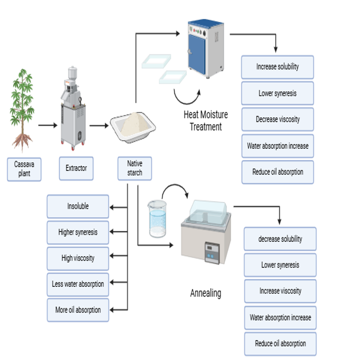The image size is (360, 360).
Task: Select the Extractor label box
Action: click(x=76, y=169)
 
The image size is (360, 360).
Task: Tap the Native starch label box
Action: click(x=134, y=168)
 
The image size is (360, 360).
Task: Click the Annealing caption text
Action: click(x=206, y=293)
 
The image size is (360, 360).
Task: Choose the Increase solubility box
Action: click(x=277, y=67)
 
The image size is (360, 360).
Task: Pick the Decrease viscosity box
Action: click(x=277, y=119)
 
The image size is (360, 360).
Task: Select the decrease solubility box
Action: click(x=280, y=239)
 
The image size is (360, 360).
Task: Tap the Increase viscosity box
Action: click(x=280, y=291)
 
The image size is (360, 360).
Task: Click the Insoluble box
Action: click(x=78, y=206)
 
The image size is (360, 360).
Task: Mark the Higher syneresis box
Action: click(x=78, y=232)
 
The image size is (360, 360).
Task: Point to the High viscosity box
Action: click(x=78, y=258)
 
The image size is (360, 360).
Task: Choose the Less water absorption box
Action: click(x=78, y=284)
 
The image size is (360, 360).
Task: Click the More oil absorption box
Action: click(x=78, y=310)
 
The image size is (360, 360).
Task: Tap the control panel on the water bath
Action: click(x=211, y=252)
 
